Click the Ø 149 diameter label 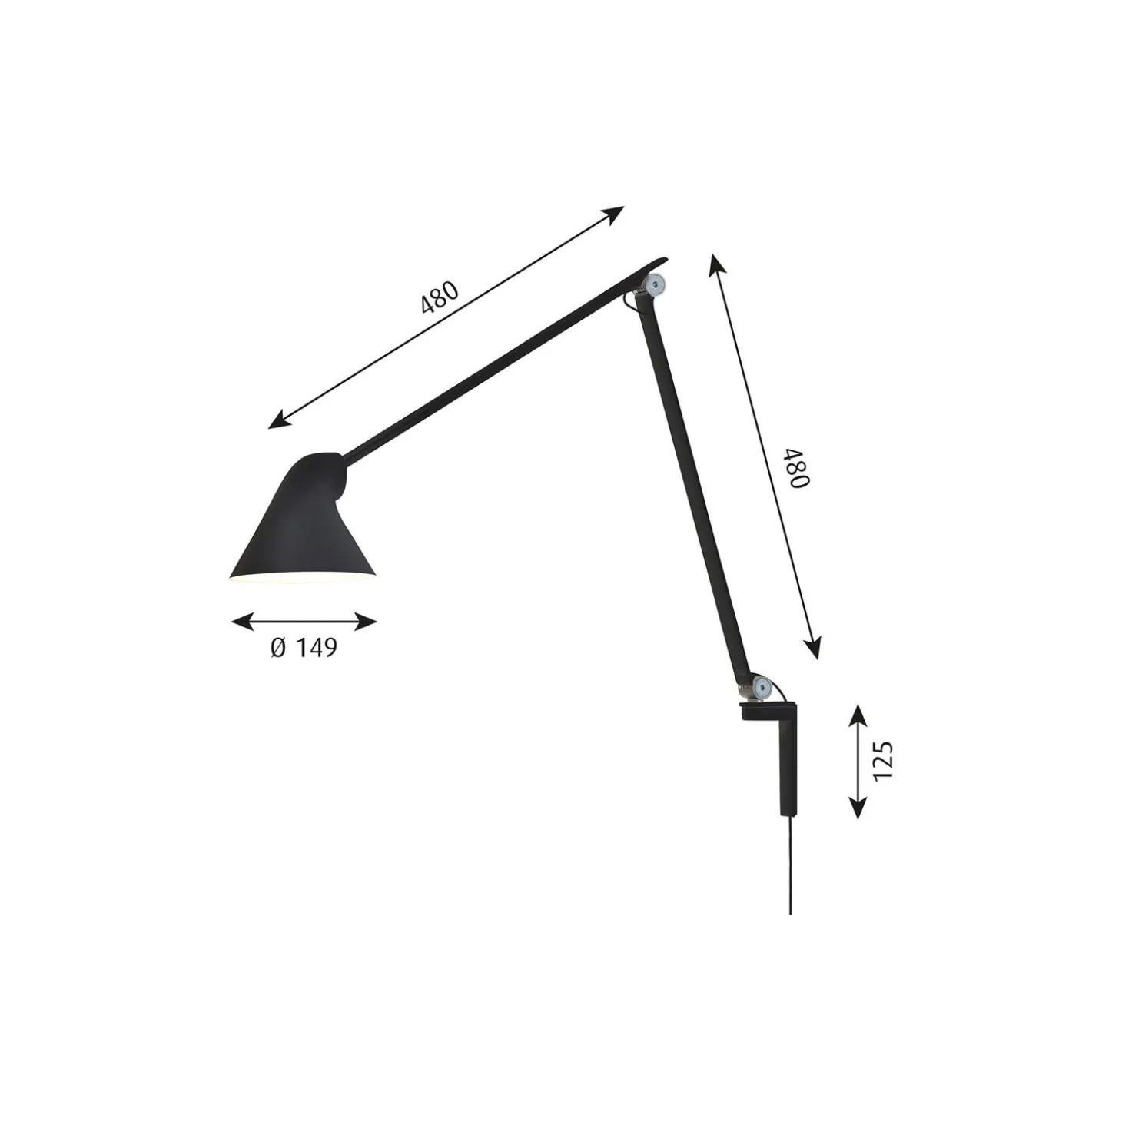coord(304,648)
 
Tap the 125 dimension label coord(883,761)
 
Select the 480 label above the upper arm coord(440,297)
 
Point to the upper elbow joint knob coord(656,284)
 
